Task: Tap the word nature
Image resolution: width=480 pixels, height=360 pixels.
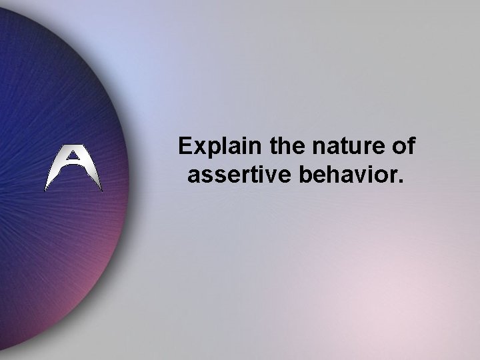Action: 339,147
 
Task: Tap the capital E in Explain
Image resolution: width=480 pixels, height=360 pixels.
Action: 185,147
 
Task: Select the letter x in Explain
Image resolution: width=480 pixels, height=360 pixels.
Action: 199,148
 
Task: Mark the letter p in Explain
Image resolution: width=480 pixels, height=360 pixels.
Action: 211,149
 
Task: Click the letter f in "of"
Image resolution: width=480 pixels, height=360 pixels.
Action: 409,146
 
